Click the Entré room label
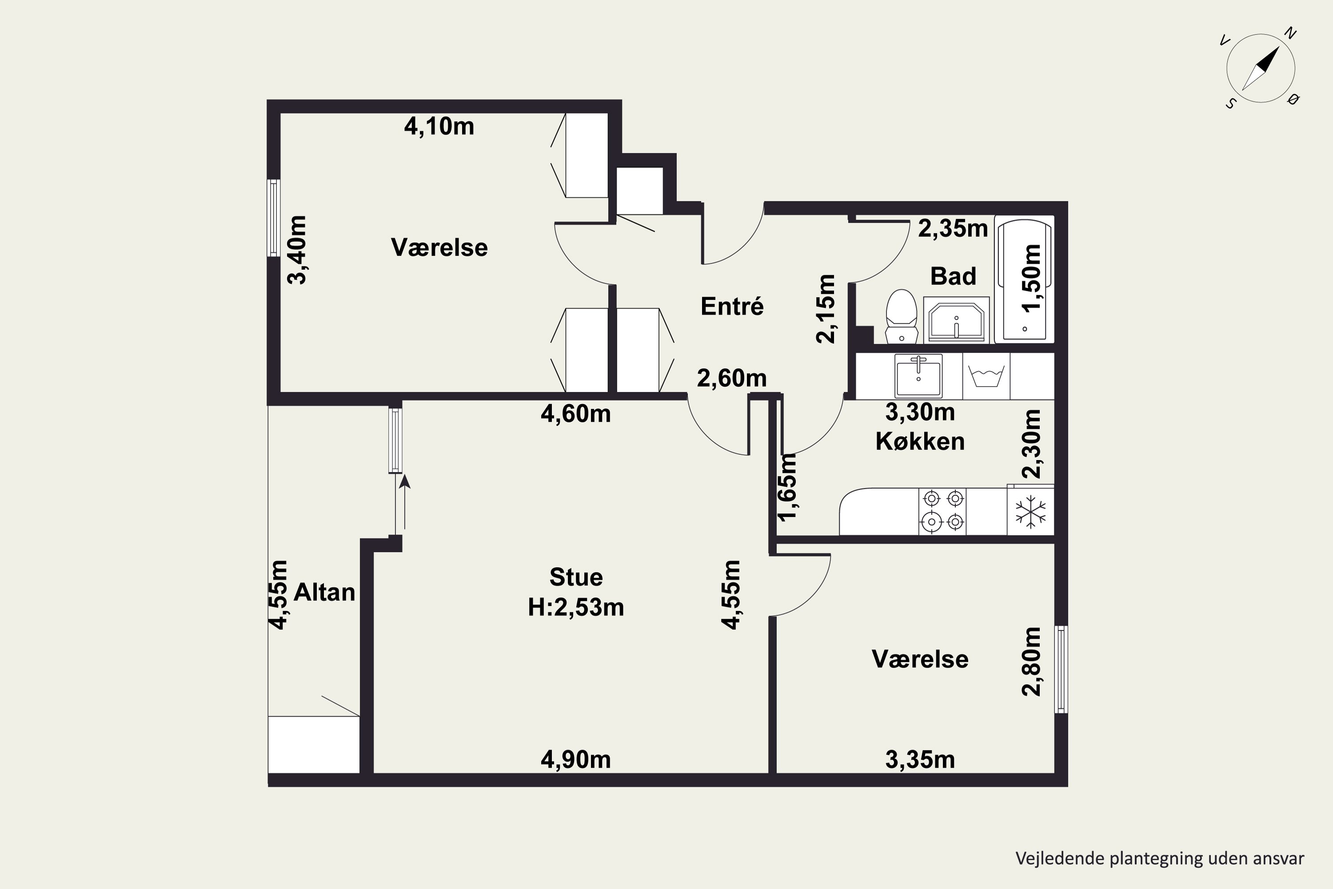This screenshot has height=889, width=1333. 732,306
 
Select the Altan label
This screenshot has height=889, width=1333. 324,592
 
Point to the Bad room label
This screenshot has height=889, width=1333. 953,276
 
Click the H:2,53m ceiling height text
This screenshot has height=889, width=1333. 576,607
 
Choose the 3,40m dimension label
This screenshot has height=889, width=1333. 296,249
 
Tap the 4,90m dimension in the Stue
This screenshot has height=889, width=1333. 576,759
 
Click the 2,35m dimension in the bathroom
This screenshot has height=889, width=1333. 953,228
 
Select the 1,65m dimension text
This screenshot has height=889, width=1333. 787,486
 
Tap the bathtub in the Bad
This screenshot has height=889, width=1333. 1025,280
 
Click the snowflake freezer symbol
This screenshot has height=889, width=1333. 1030,512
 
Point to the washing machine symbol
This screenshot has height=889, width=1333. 986,376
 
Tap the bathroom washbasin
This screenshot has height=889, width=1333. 956,320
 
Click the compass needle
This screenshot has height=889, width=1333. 1261,68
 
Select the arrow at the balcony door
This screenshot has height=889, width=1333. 405,502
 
